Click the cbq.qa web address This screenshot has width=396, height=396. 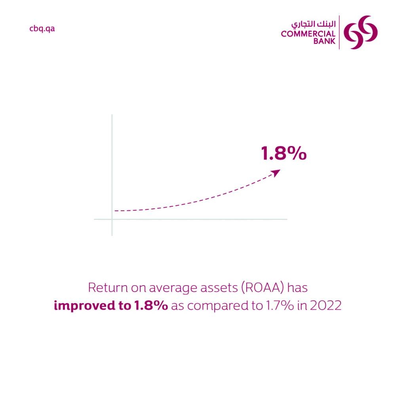coord(42,29)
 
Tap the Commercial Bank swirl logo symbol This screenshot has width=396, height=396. coord(360,32)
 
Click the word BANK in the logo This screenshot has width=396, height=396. coord(324,41)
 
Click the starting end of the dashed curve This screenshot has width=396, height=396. coord(115,211)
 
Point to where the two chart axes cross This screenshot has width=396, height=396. coord(112,219)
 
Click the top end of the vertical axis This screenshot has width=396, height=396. coord(112,115)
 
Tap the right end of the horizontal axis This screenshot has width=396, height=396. coord(286,219)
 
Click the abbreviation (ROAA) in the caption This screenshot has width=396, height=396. coord(255,288)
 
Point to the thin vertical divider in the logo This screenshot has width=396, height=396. coord(339,32)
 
